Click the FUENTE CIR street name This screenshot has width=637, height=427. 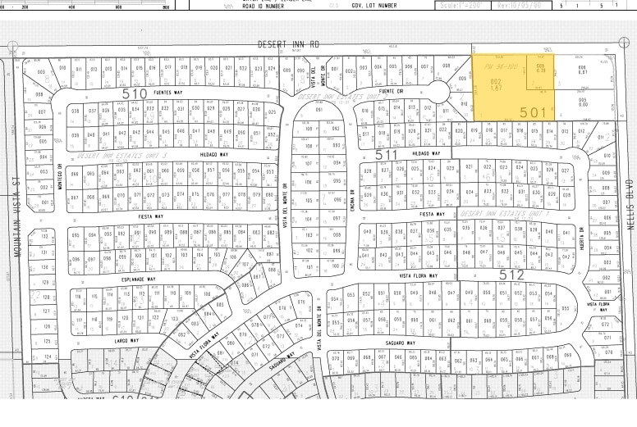pos(391,92)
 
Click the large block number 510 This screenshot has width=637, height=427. pos(134,93)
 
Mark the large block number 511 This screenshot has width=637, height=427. pos(385,152)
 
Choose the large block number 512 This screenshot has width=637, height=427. pos(511,274)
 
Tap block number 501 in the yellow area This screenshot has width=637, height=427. pos(533,111)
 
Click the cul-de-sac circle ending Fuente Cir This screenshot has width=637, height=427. pos(439,89)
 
